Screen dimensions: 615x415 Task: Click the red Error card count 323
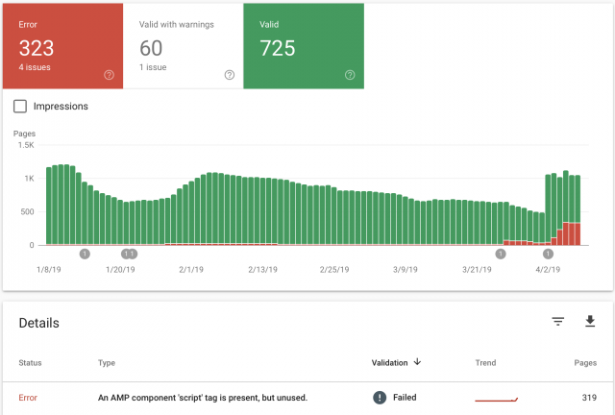(x=37, y=48)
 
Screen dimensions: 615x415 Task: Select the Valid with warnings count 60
(x=151, y=48)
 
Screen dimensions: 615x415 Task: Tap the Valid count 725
(x=278, y=48)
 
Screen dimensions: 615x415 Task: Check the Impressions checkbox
(x=20, y=107)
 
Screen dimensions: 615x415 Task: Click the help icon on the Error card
(x=109, y=75)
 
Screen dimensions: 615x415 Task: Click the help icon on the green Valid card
(x=350, y=75)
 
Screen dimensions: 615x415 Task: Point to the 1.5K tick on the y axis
(x=26, y=145)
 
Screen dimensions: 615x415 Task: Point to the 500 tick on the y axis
(x=27, y=211)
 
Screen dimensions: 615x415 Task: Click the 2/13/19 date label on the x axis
(x=262, y=270)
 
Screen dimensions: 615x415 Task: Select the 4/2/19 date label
(x=548, y=270)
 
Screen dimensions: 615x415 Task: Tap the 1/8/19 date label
(x=49, y=270)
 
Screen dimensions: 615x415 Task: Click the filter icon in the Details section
(x=558, y=322)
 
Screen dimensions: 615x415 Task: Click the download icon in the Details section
(x=590, y=321)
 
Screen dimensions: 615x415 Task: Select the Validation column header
(x=389, y=363)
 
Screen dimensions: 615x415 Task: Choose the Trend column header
(x=485, y=363)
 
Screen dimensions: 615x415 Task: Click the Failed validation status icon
(x=380, y=398)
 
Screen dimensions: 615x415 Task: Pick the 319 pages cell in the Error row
(x=589, y=398)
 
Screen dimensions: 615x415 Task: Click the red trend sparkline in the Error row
(x=496, y=400)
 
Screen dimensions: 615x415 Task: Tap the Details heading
(x=38, y=323)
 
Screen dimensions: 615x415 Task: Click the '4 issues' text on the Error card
(x=35, y=67)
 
